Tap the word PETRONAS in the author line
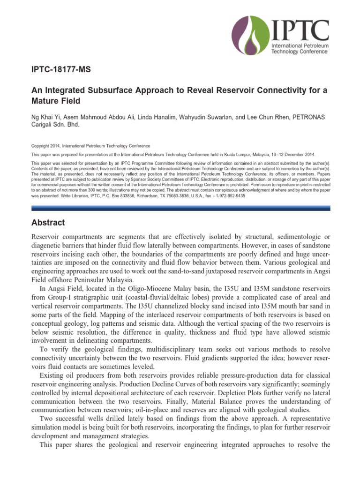[x=313, y=116]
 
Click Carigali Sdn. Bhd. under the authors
[x=56, y=125]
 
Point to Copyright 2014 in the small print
[x=45, y=146]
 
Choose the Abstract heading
[x=48, y=223]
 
